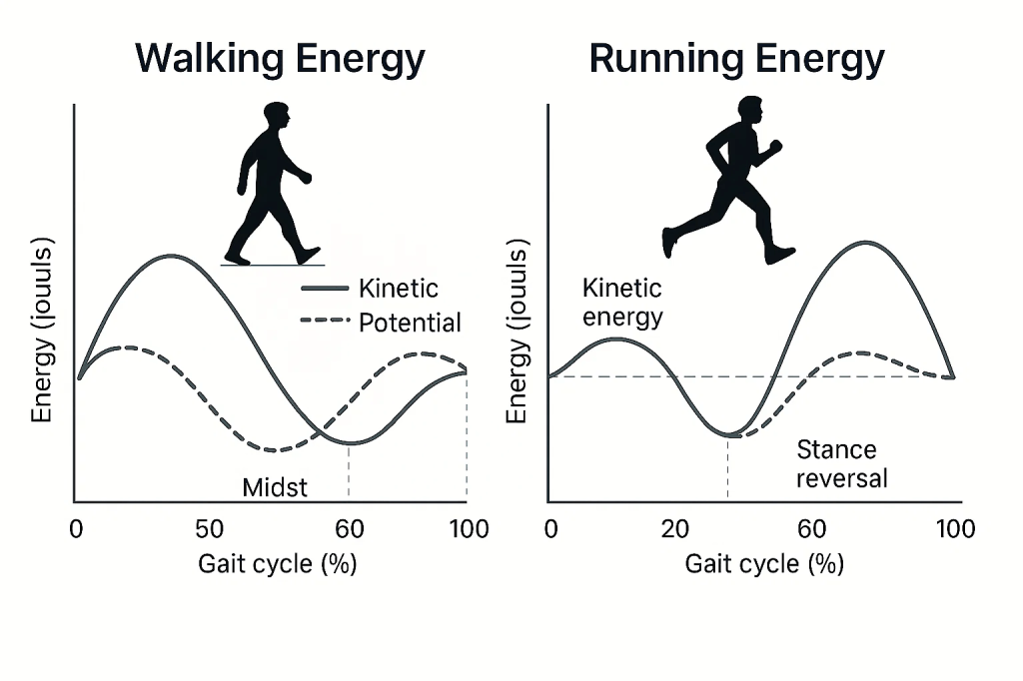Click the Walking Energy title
(280, 59)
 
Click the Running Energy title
(736, 59)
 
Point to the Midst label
(275, 487)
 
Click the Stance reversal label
(841, 464)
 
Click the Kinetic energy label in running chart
(622, 304)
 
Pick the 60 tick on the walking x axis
(349, 529)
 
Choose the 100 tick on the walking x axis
(468, 529)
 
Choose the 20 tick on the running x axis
(675, 529)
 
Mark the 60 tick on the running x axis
(812, 529)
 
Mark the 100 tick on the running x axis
(953, 529)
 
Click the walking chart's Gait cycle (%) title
(277, 564)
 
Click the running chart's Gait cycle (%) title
(764, 564)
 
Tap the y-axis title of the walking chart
(41, 330)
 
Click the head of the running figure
(749, 110)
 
